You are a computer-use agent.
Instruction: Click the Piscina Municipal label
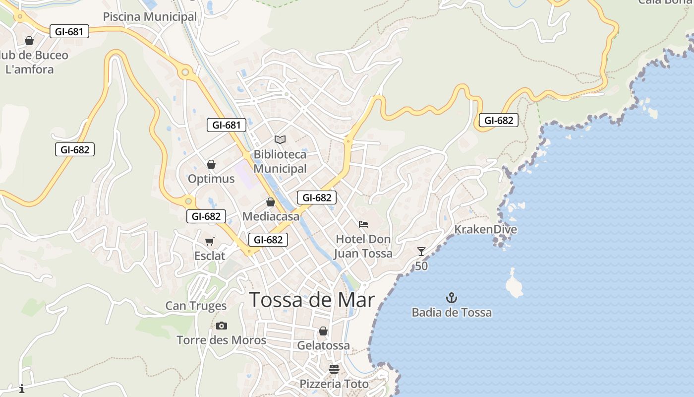[150, 17]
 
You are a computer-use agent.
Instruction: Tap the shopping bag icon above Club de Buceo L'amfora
[29, 41]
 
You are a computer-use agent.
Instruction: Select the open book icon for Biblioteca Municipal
[280, 140]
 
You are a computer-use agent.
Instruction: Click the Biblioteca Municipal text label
[280, 162]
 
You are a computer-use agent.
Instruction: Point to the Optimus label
[211, 179]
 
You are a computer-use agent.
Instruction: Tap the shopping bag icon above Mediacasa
[271, 202]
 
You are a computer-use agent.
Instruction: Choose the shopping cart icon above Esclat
[210, 242]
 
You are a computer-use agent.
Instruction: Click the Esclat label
[210, 256]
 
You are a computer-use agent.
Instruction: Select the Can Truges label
[196, 306]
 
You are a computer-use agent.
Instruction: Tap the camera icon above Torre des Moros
[222, 326]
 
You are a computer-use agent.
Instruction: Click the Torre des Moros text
[222, 340]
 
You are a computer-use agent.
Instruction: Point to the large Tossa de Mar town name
[312, 300]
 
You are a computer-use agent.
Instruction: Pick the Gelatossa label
[323, 345]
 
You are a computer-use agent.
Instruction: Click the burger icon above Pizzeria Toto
[334, 369]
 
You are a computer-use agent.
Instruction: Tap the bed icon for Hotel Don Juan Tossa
[363, 224]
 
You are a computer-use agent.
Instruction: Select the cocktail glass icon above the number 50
[421, 252]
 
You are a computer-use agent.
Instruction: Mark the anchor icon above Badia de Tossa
[452, 298]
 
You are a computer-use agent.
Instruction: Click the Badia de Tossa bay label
[452, 313]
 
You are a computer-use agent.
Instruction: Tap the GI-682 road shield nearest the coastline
[498, 120]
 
